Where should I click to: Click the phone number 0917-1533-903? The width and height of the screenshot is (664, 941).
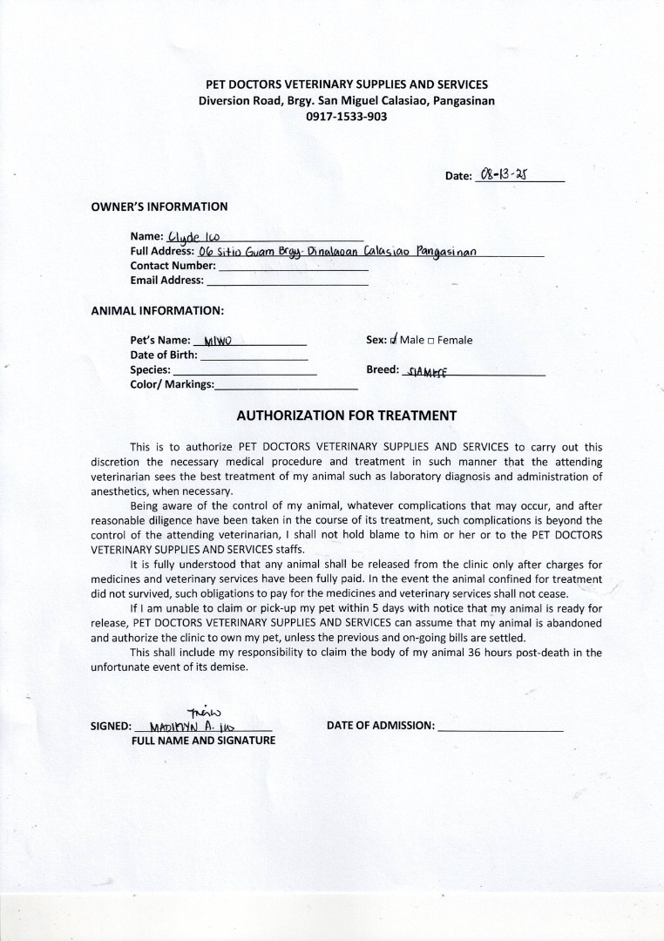(x=346, y=116)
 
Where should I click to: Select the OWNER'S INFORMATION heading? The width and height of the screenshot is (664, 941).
(x=159, y=206)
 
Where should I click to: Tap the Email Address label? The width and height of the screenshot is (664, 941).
(x=166, y=280)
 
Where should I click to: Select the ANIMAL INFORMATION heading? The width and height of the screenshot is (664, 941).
(x=158, y=309)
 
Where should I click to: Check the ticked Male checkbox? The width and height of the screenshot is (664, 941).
(x=395, y=340)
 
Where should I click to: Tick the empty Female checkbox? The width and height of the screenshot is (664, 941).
(x=431, y=341)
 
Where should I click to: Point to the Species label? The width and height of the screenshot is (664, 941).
(x=150, y=369)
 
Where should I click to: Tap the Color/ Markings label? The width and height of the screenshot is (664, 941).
(x=172, y=384)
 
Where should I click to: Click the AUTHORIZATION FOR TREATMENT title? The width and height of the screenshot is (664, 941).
(x=347, y=416)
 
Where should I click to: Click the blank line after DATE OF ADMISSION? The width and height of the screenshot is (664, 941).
(x=500, y=725)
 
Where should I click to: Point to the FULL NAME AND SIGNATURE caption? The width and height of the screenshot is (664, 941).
(x=203, y=740)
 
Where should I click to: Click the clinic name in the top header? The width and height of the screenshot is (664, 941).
(x=346, y=85)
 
